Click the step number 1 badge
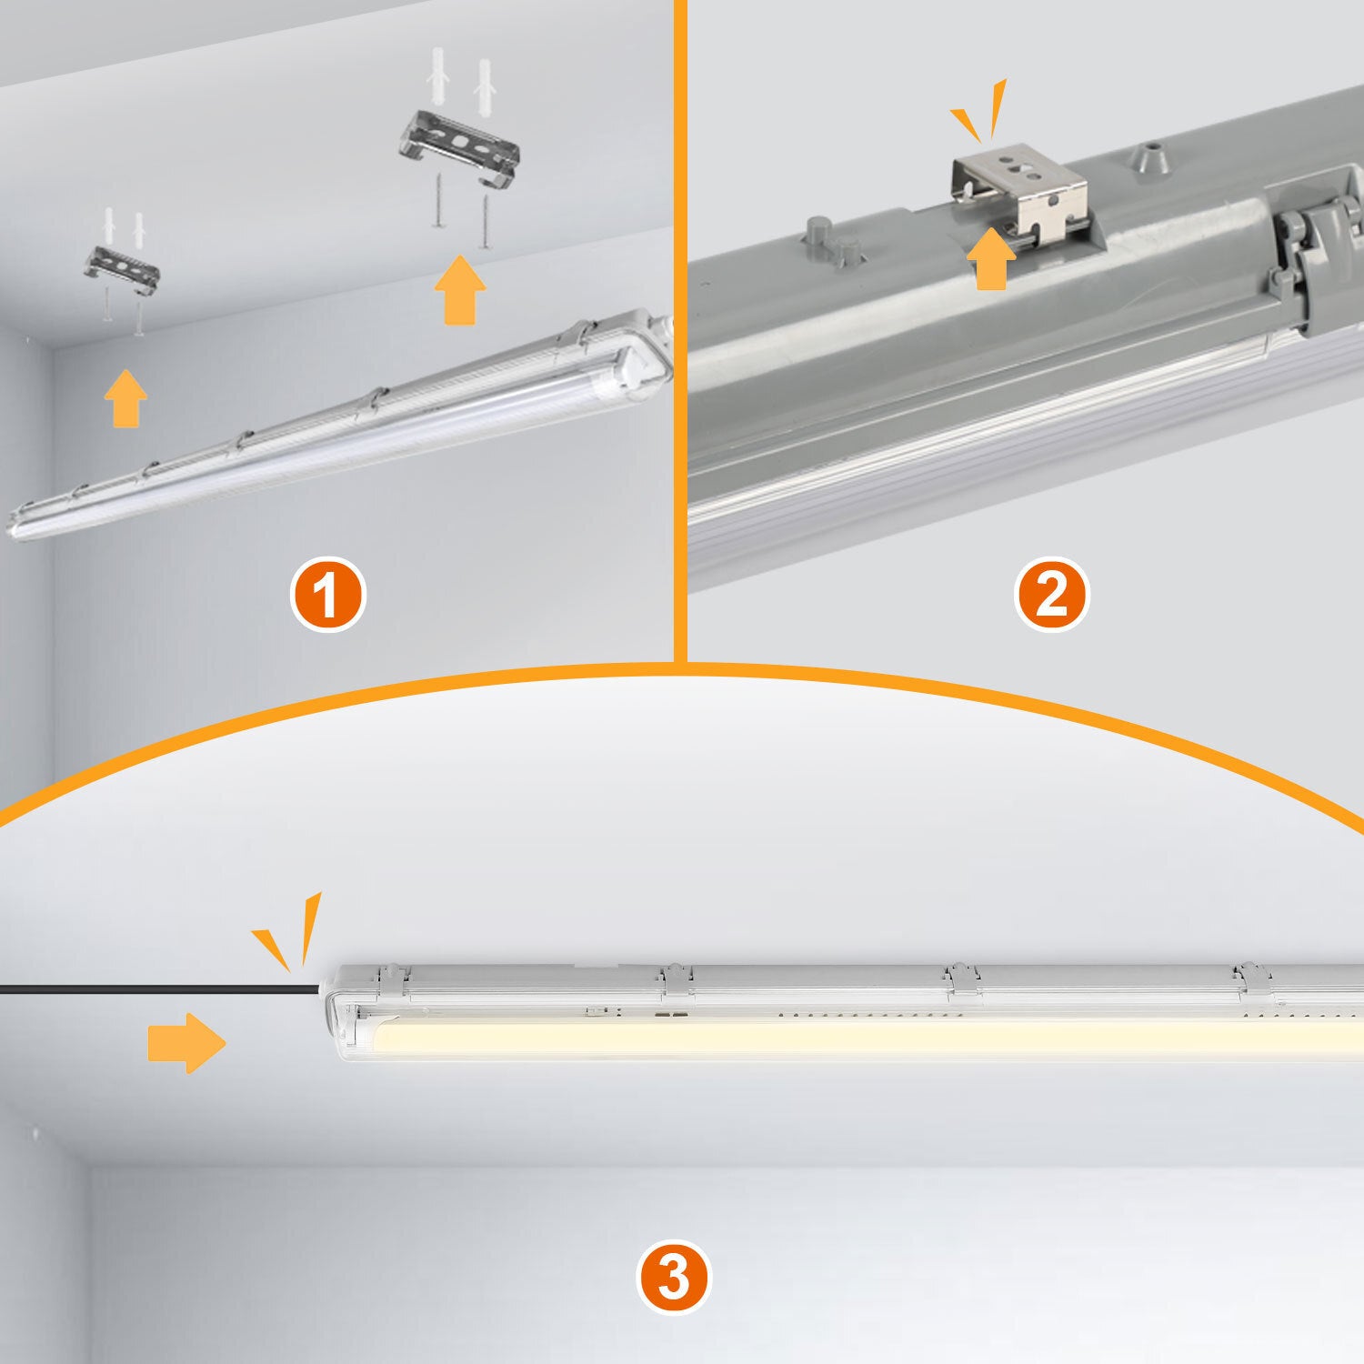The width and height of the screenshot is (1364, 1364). [327, 596]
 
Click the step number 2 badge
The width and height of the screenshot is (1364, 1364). [1051, 596]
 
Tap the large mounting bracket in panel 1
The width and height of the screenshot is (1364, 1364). [459, 150]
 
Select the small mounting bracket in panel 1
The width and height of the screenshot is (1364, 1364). [122, 268]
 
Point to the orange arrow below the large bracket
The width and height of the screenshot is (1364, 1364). [460, 290]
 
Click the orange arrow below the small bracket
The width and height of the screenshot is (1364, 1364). [125, 398]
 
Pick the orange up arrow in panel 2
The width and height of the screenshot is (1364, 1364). [991, 258]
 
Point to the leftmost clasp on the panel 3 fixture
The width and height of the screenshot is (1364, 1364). [392, 980]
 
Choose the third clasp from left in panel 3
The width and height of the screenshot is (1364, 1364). [959, 980]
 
